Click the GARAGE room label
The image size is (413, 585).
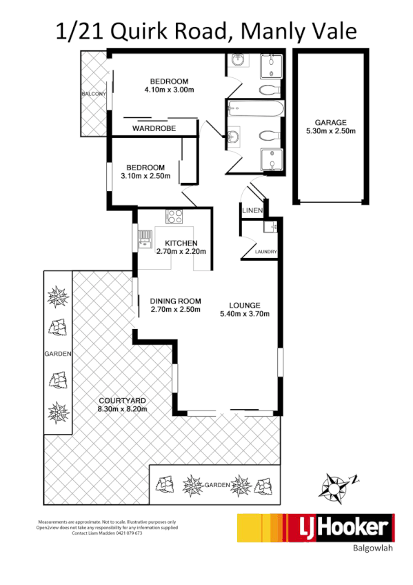tap(330, 122)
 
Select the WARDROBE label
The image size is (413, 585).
tap(154, 128)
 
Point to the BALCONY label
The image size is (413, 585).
tap(92, 93)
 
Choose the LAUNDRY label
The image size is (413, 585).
tap(265, 252)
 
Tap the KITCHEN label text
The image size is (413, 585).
tap(181, 244)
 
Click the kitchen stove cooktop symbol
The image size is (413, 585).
tap(175, 217)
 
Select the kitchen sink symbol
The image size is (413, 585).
tap(145, 238)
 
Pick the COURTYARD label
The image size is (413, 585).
tap(123, 401)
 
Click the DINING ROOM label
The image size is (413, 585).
tap(175, 301)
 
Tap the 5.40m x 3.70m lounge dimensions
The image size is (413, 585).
tap(244, 314)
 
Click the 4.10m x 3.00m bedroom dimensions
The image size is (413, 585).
tap(169, 90)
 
